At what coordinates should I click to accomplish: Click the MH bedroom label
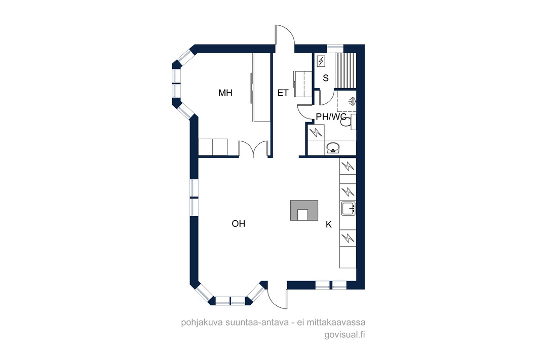point(225,93)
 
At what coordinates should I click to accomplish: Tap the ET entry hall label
point(283,93)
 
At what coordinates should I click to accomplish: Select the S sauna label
point(325,78)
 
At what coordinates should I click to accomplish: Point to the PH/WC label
point(331,116)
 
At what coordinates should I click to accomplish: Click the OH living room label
point(238,224)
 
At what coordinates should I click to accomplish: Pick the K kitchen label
point(329,225)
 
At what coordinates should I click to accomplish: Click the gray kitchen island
point(304,210)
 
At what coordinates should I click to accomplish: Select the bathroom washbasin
point(333,148)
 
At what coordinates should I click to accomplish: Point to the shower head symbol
point(352,101)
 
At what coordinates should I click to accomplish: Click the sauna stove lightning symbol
point(321,61)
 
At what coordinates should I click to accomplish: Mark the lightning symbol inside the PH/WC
point(316,132)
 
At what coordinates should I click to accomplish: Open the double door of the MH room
point(253,148)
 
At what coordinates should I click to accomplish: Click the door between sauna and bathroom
point(326,96)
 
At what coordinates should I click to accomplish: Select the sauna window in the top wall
point(335,49)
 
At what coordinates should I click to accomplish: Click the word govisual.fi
point(344,335)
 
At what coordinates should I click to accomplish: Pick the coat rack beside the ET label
point(302,84)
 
